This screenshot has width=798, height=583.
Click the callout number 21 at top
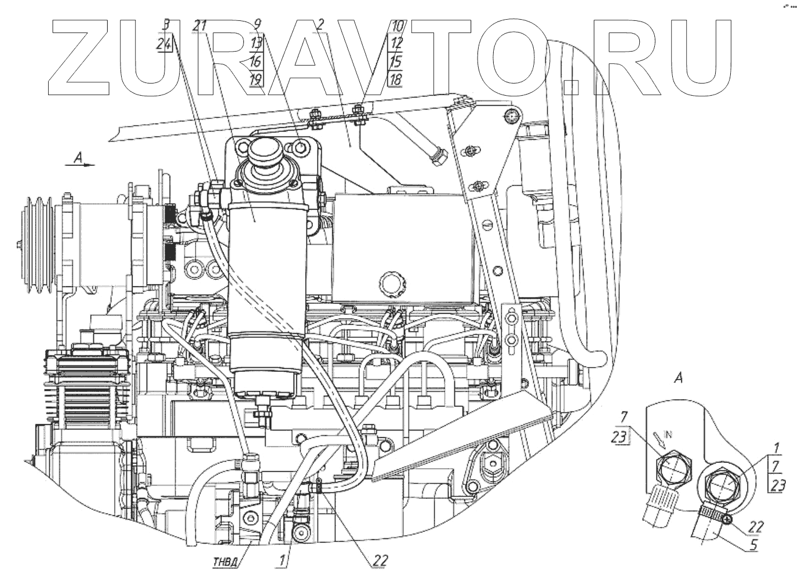(201, 26)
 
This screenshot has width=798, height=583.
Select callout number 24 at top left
(165, 44)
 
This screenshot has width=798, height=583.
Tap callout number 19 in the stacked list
(256, 80)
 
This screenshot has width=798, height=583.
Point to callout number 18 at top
(395, 80)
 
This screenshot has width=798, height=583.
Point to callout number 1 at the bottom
(282, 561)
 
